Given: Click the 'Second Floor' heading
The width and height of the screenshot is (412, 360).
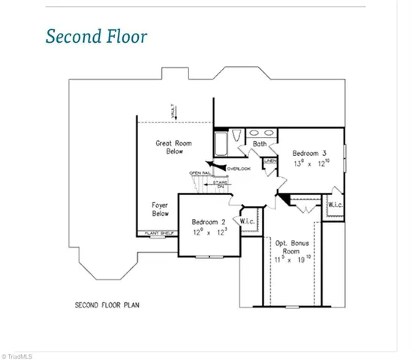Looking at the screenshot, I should [x=96, y=37].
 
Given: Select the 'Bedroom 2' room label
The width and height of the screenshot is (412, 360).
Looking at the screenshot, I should [x=209, y=222].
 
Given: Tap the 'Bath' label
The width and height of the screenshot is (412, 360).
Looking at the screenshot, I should [x=260, y=143].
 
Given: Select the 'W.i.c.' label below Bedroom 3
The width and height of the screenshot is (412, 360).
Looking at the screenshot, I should [x=335, y=204].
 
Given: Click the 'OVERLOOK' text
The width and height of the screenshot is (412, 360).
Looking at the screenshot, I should [x=239, y=168].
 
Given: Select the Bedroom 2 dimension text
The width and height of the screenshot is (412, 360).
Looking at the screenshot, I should [x=209, y=232].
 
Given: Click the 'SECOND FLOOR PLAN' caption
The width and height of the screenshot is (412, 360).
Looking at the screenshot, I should [x=107, y=305].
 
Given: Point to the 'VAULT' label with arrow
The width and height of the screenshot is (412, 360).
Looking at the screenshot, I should [x=173, y=110].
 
